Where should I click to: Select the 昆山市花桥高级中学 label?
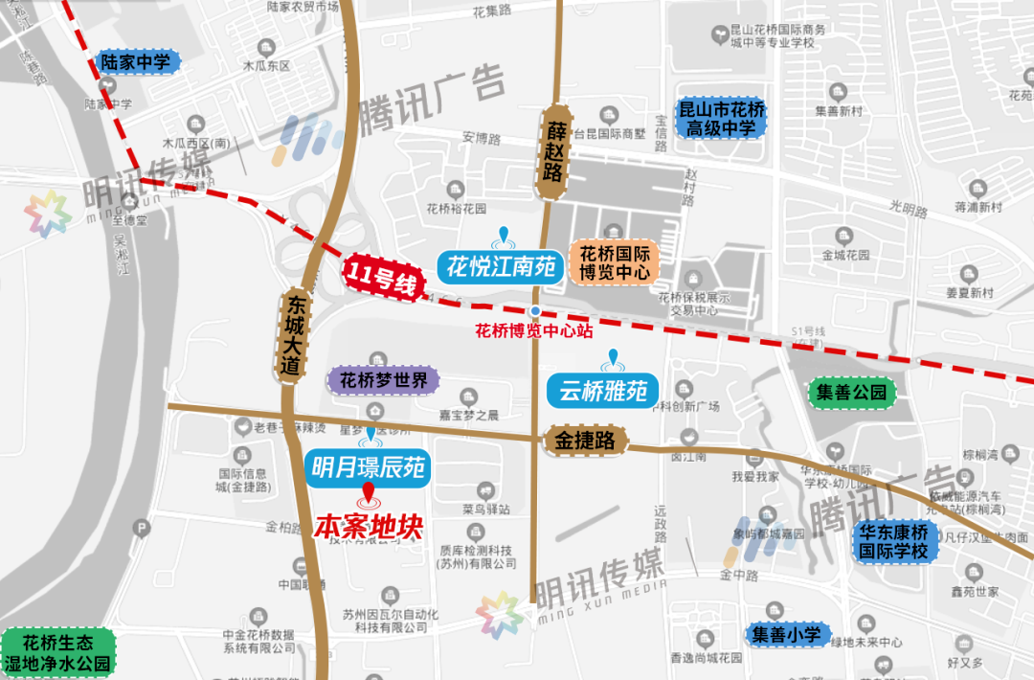click(720, 119)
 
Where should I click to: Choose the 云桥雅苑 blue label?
click(603, 391)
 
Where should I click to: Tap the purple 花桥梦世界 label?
click(384, 380)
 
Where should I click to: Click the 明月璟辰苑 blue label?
click(369, 467)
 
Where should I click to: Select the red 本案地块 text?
click(369, 527)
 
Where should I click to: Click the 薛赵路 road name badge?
click(553, 152)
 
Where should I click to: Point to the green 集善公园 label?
click(851, 392)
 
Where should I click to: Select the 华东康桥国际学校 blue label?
click(892, 542)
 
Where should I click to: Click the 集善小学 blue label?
click(786, 633)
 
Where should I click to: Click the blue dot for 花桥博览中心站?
click(536, 311)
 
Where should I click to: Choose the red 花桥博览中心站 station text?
click(534, 331)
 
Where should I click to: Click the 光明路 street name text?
click(909, 206)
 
